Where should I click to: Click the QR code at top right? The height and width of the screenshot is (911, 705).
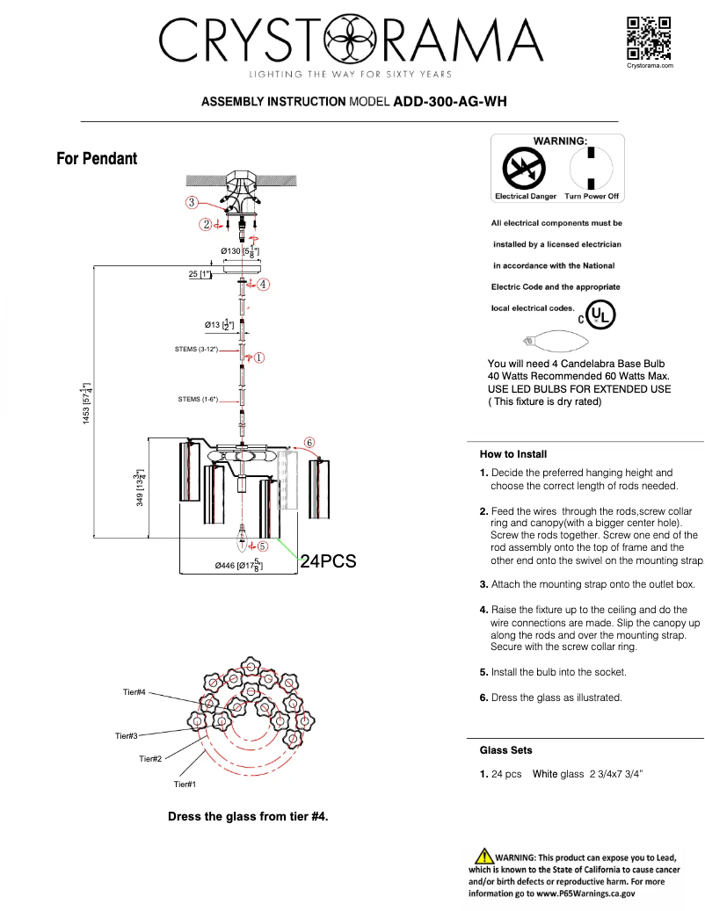tap(649, 38)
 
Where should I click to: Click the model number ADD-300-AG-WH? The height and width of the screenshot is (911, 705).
tap(449, 102)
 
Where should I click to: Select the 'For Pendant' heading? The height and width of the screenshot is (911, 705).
tap(97, 159)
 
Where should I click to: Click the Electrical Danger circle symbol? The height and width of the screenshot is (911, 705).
tap(525, 167)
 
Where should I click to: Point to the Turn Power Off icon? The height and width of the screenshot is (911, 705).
tap(592, 167)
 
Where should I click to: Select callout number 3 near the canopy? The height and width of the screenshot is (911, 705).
tap(191, 202)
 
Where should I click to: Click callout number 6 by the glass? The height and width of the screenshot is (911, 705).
tap(309, 442)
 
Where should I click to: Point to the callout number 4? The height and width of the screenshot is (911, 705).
tap(263, 284)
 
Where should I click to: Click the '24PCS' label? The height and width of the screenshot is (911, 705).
tap(328, 562)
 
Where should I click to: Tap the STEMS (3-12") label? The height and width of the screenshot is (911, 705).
tap(197, 350)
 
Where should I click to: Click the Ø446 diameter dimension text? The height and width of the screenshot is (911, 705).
tap(238, 565)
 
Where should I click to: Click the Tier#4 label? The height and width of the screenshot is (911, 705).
tap(134, 693)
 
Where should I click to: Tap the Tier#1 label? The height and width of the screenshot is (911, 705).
tap(185, 784)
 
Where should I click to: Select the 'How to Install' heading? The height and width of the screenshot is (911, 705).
tap(513, 454)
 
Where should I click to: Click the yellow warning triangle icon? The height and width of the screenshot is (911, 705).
tap(483, 856)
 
